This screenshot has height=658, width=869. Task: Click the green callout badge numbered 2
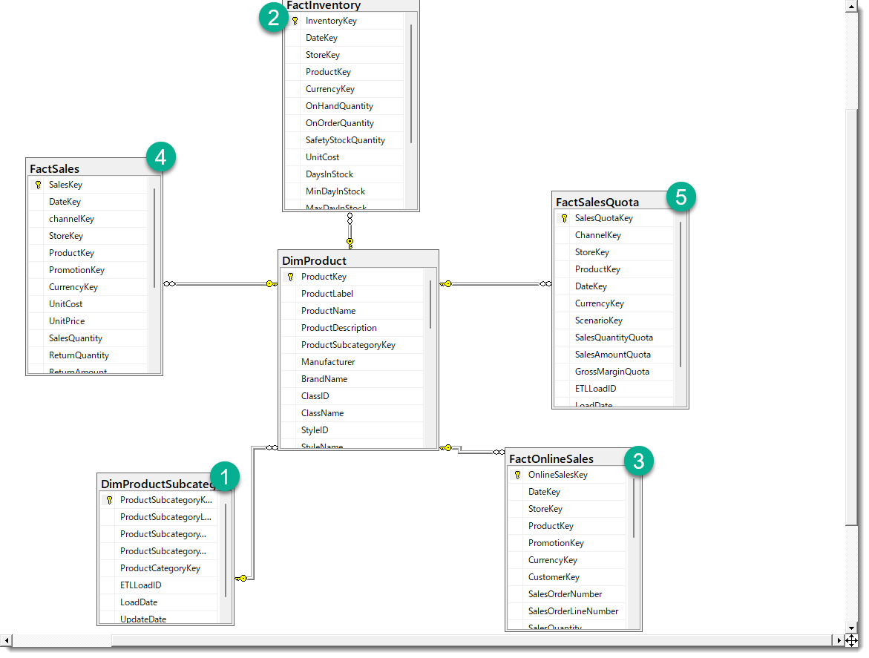tap(274, 17)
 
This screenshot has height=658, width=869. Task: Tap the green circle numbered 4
tap(161, 157)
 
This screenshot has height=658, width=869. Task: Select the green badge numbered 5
tap(681, 197)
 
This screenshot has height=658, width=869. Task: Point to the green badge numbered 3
tap(639, 461)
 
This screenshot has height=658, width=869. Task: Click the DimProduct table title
tap(314, 260)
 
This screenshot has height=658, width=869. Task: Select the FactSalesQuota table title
tap(597, 202)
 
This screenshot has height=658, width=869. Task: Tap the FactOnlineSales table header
tap(551, 458)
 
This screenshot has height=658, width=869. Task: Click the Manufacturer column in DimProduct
tap(328, 362)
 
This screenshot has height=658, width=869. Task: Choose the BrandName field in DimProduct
tap(324, 379)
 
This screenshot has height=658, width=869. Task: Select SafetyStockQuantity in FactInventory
tap(345, 140)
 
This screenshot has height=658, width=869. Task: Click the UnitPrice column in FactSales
tap(67, 321)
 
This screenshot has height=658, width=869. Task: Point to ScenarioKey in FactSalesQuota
tap(598, 320)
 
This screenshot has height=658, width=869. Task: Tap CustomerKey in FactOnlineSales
tap(554, 577)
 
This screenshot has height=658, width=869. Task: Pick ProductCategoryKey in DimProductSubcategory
tap(160, 568)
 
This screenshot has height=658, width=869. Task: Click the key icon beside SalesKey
tap(38, 185)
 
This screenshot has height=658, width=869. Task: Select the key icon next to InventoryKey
tap(295, 21)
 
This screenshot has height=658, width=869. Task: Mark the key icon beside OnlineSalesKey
tap(517, 475)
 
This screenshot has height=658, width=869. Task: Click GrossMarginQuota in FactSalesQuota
tap(611, 372)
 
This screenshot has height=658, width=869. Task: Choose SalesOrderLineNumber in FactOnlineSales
tap(573, 611)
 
